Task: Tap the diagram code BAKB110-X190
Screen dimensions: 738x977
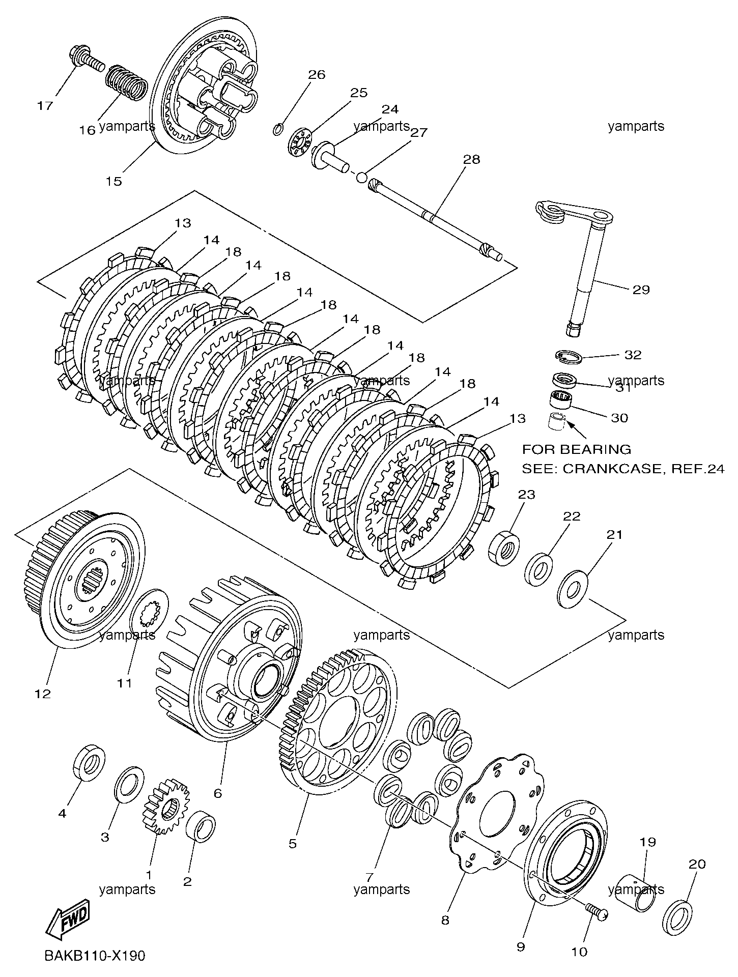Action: click(x=95, y=956)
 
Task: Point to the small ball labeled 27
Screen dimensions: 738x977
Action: click(x=361, y=177)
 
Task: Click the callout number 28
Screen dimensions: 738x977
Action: click(x=471, y=159)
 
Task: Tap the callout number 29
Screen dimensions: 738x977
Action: click(x=641, y=290)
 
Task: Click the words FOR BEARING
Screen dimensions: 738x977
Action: click(x=576, y=449)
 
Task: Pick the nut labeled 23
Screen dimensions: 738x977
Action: click(x=504, y=548)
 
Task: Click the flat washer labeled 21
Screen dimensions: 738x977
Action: click(x=573, y=589)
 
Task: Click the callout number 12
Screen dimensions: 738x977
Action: click(x=43, y=694)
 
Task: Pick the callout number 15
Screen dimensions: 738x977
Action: click(x=114, y=181)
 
